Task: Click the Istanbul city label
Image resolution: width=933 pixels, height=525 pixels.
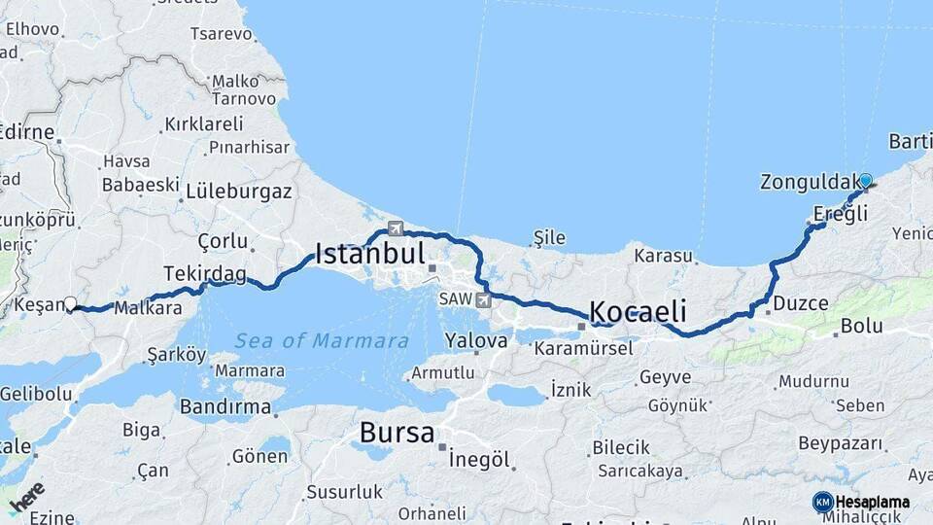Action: click(x=370, y=256)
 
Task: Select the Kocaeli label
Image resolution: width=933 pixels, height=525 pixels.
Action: click(x=638, y=312)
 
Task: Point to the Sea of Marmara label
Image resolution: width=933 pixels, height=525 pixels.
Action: click(x=321, y=340)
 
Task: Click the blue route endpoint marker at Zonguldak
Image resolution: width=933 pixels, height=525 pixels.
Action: click(x=865, y=180)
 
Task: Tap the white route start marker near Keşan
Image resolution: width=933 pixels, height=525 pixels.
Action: click(x=70, y=303)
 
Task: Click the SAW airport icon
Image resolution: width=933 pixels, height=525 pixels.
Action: click(x=483, y=299)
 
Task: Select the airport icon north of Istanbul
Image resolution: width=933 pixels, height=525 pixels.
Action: click(x=395, y=228)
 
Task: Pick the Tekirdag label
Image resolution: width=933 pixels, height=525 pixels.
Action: click(x=205, y=274)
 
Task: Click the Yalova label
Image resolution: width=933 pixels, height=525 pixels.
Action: click(x=476, y=341)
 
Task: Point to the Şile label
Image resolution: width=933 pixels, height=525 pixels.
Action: click(x=548, y=236)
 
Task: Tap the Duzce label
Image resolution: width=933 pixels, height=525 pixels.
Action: click(x=800, y=303)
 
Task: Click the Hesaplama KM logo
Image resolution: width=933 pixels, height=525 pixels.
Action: click(x=861, y=502)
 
